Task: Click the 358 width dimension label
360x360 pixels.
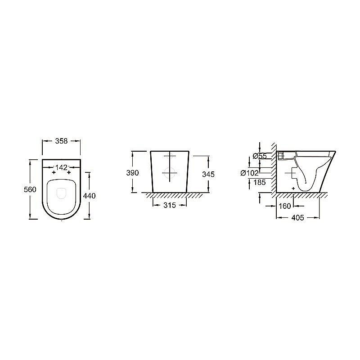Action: tap(61, 141)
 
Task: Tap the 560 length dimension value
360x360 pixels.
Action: tap(30, 189)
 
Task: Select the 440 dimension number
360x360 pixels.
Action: tap(89, 196)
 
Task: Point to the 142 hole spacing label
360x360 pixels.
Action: tap(61, 167)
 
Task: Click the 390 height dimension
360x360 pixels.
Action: tap(132, 173)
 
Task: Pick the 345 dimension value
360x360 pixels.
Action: tap(208, 174)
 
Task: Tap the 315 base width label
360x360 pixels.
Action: tap(170, 205)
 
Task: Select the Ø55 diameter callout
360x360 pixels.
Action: tap(260, 156)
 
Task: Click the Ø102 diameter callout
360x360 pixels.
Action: tap(250, 173)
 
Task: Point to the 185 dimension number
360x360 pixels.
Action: tap(260, 183)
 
